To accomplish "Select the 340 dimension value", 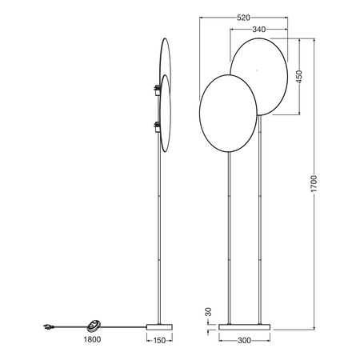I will [258, 30].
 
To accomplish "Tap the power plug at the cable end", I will [47, 326].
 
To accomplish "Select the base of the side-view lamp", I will [161, 326].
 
